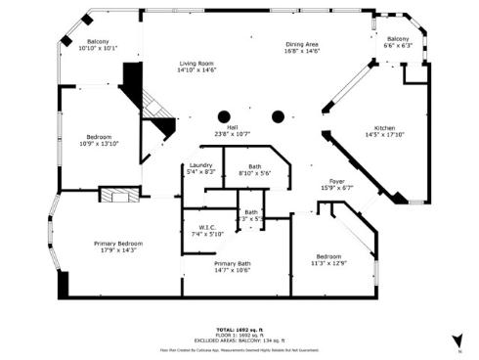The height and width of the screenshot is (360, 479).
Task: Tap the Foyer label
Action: click(335, 182)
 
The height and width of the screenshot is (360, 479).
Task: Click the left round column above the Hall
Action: click(225, 115)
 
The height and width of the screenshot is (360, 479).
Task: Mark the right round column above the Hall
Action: click(278, 115)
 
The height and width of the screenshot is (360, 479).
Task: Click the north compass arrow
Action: click(457, 338)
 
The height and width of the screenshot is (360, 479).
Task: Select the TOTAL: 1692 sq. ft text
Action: click(239, 330)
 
